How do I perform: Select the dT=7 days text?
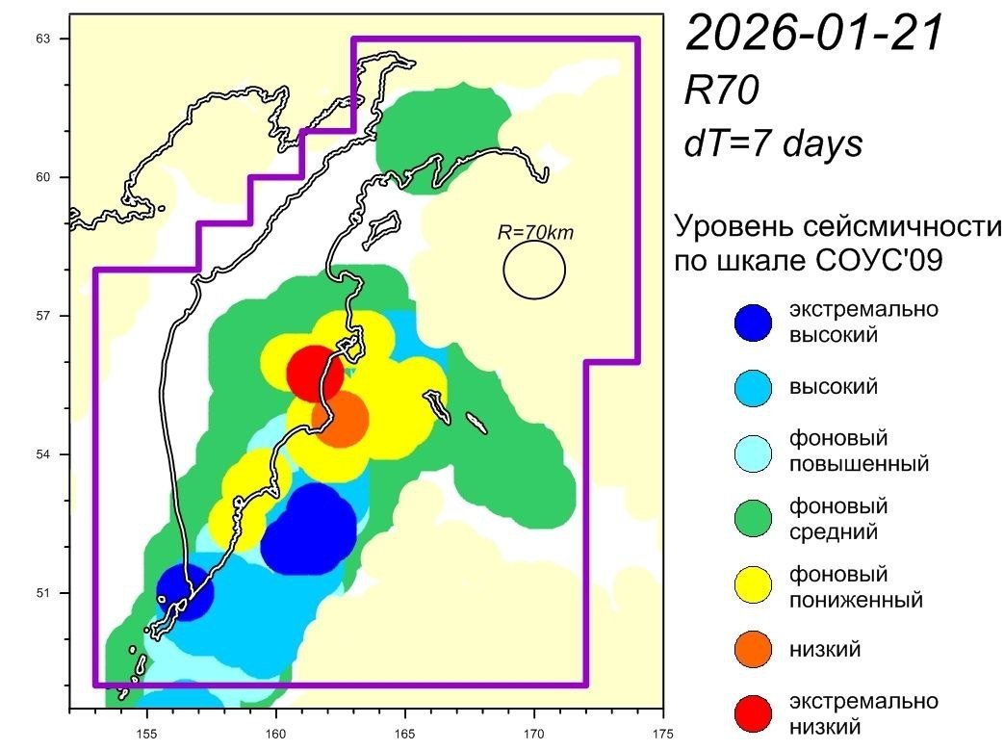pyautogui.click(x=773, y=144)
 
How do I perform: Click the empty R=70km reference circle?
pyautogui.click(x=534, y=271)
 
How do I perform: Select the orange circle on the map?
pyautogui.click(x=340, y=420)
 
